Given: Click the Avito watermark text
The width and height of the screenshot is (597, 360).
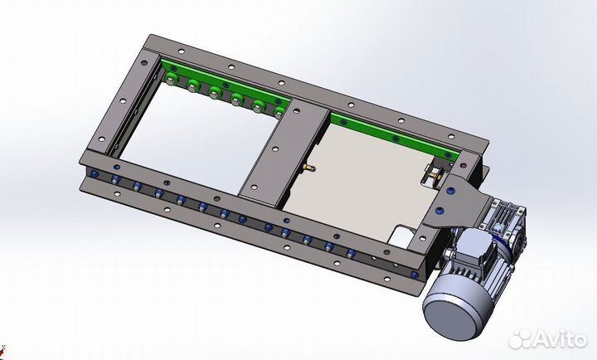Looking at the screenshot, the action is click(560, 338).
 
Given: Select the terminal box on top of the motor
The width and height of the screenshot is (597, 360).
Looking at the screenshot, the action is click(473, 243).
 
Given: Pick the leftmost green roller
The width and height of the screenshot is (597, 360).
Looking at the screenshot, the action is click(170, 80).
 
